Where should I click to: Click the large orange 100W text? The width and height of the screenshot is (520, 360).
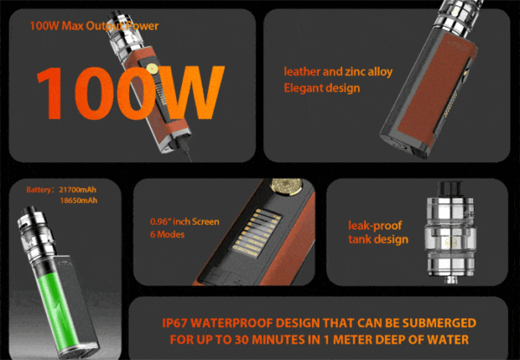pyautogui.click(x=131, y=93)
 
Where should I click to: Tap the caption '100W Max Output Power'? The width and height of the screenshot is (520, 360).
pyautogui.click(x=94, y=26)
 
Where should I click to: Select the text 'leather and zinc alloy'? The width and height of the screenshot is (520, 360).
pyautogui.click(x=338, y=72)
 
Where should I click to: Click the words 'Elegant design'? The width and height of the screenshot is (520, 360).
pyautogui.click(x=322, y=88)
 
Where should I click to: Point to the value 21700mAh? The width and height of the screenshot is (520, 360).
pyautogui.click(x=78, y=190)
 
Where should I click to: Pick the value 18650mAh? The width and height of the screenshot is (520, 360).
pyautogui.click(x=79, y=200)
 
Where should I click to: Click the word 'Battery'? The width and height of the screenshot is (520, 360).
pyautogui.click(x=38, y=190)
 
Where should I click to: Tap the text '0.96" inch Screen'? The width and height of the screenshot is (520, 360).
pyautogui.click(x=185, y=222)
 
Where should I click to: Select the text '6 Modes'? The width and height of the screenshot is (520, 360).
pyautogui.click(x=167, y=234)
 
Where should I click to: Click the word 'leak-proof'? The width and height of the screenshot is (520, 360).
pyautogui.click(x=374, y=226)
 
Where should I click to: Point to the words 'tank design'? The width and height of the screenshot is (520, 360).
pyautogui.click(x=378, y=239)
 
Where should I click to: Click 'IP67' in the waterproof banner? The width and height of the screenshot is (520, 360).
pyautogui.click(x=175, y=323)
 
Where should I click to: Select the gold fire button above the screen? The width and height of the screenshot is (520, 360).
pyautogui.click(x=286, y=186)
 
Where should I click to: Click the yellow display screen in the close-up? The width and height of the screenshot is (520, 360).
pyautogui.click(x=254, y=233)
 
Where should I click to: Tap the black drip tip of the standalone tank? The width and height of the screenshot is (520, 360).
pyautogui.click(x=450, y=189)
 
